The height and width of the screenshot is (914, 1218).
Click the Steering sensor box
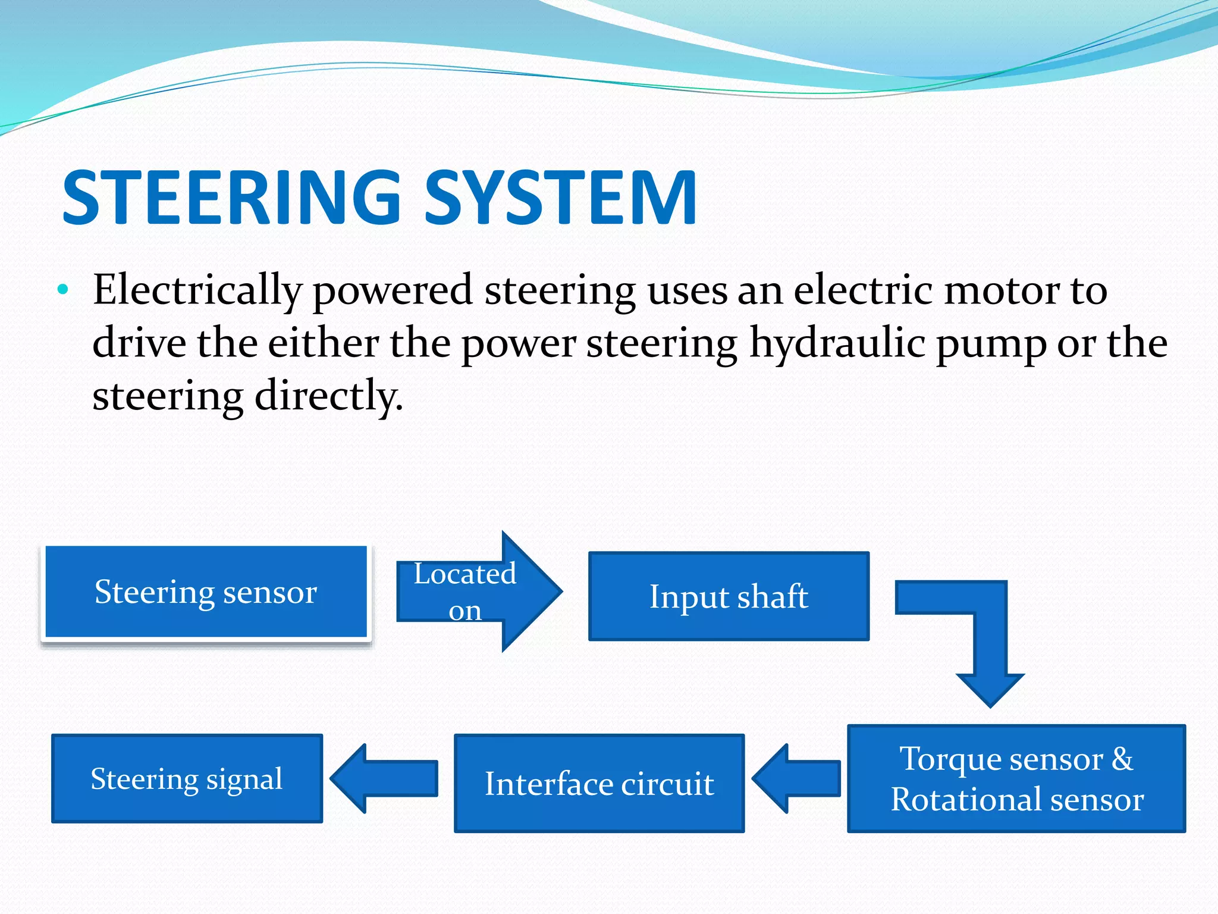pyautogui.click(x=206, y=591)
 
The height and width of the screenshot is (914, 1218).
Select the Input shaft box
pyautogui.click(x=729, y=596)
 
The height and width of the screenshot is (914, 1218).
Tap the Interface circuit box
pyautogui.click(x=599, y=783)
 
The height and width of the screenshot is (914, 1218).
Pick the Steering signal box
pyautogui.click(x=187, y=778)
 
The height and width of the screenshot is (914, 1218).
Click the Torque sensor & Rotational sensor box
pyautogui.click(x=1016, y=778)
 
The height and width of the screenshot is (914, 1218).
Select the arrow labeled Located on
pyautogui.click(x=476, y=591)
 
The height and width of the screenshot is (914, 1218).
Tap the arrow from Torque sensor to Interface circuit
pyautogui.click(x=797, y=778)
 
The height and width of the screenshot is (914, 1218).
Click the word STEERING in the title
pyautogui.click(x=232, y=198)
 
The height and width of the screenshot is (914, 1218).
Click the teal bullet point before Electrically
pyautogui.click(x=63, y=290)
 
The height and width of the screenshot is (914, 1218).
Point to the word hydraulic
pyautogui.click(x=837, y=344)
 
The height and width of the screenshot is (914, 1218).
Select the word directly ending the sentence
pyautogui.click(x=328, y=396)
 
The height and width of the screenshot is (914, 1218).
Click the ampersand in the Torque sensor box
pyautogui.click(x=1122, y=759)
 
